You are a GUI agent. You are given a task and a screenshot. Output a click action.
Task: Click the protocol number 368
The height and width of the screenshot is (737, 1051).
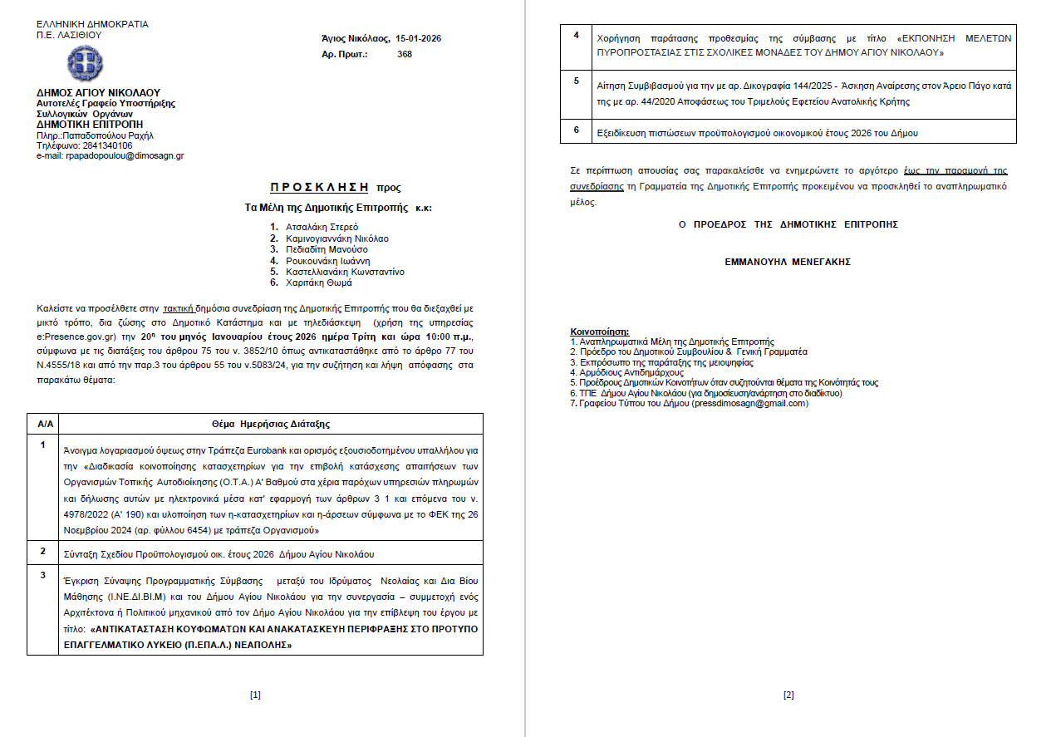pyautogui.click(x=405, y=54)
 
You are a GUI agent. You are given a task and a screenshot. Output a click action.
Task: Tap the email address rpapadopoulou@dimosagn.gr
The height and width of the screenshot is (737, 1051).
pyautogui.click(x=125, y=155)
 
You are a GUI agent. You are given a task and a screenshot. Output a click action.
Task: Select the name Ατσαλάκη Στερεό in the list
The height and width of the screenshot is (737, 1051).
pyautogui.click(x=322, y=227)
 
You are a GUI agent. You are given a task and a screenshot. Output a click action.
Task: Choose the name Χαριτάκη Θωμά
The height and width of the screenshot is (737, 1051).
pyautogui.click(x=319, y=283)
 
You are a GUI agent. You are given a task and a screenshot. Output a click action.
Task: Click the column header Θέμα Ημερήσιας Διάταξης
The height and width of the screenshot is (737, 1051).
pyautogui.click(x=271, y=425)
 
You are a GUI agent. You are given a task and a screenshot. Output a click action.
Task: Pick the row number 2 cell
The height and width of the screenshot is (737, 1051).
pyautogui.click(x=43, y=551)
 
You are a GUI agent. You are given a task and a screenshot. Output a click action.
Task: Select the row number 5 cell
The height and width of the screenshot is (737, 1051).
pyautogui.click(x=577, y=81)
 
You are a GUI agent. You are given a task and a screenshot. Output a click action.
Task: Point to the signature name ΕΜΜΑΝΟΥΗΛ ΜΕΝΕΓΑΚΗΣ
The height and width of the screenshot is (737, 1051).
pyautogui.click(x=788, y=262)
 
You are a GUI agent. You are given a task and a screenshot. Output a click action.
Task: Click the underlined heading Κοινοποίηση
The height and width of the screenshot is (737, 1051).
pyautogui.click(x=600, y=332)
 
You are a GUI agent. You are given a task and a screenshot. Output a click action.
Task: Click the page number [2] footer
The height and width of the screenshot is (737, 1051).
pyautogui.click(x=788, y=695)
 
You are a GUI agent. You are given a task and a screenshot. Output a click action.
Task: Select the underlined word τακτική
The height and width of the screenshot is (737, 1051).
pyautogui.click(x=178, y=306)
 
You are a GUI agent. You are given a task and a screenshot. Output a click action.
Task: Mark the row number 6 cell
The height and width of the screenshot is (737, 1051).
pyautogui.click(x=577, y=129)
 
